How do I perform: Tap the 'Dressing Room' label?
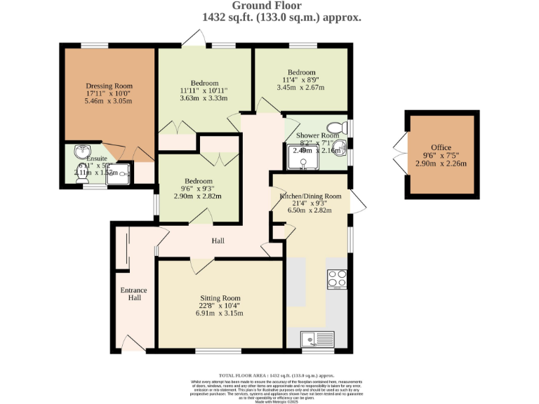tap(108, 87)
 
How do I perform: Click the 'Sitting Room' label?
tap(219, 297)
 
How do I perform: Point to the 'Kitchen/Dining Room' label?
tap(310, 196)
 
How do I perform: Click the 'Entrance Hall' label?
tap(133, 294)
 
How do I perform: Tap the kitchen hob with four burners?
tap(338, 278)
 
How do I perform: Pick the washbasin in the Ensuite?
tap(82, 150)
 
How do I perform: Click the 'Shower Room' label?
tap(317, 135)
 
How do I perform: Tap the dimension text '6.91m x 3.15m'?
tap(219, 313)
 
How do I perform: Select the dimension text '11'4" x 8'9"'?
tap(299, 80)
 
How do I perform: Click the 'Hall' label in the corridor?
tap(218, 241)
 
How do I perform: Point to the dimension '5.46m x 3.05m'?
tap(108, 101)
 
